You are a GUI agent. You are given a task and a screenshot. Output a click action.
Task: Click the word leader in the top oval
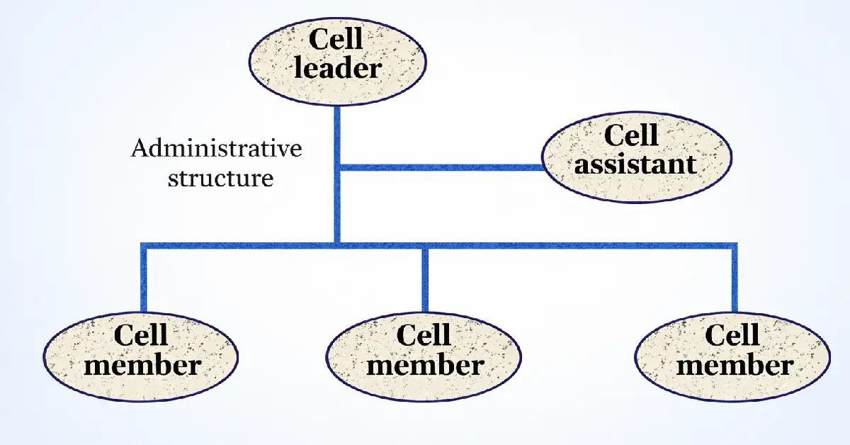338,71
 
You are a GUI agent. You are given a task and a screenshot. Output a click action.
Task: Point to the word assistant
635,165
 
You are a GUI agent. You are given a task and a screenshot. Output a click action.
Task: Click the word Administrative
217,150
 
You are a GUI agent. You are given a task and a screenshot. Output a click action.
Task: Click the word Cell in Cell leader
336,41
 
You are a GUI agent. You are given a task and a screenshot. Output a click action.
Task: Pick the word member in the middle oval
425,366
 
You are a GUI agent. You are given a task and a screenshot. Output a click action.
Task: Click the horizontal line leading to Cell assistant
439,168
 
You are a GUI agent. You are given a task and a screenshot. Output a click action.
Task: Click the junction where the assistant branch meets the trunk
337,168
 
